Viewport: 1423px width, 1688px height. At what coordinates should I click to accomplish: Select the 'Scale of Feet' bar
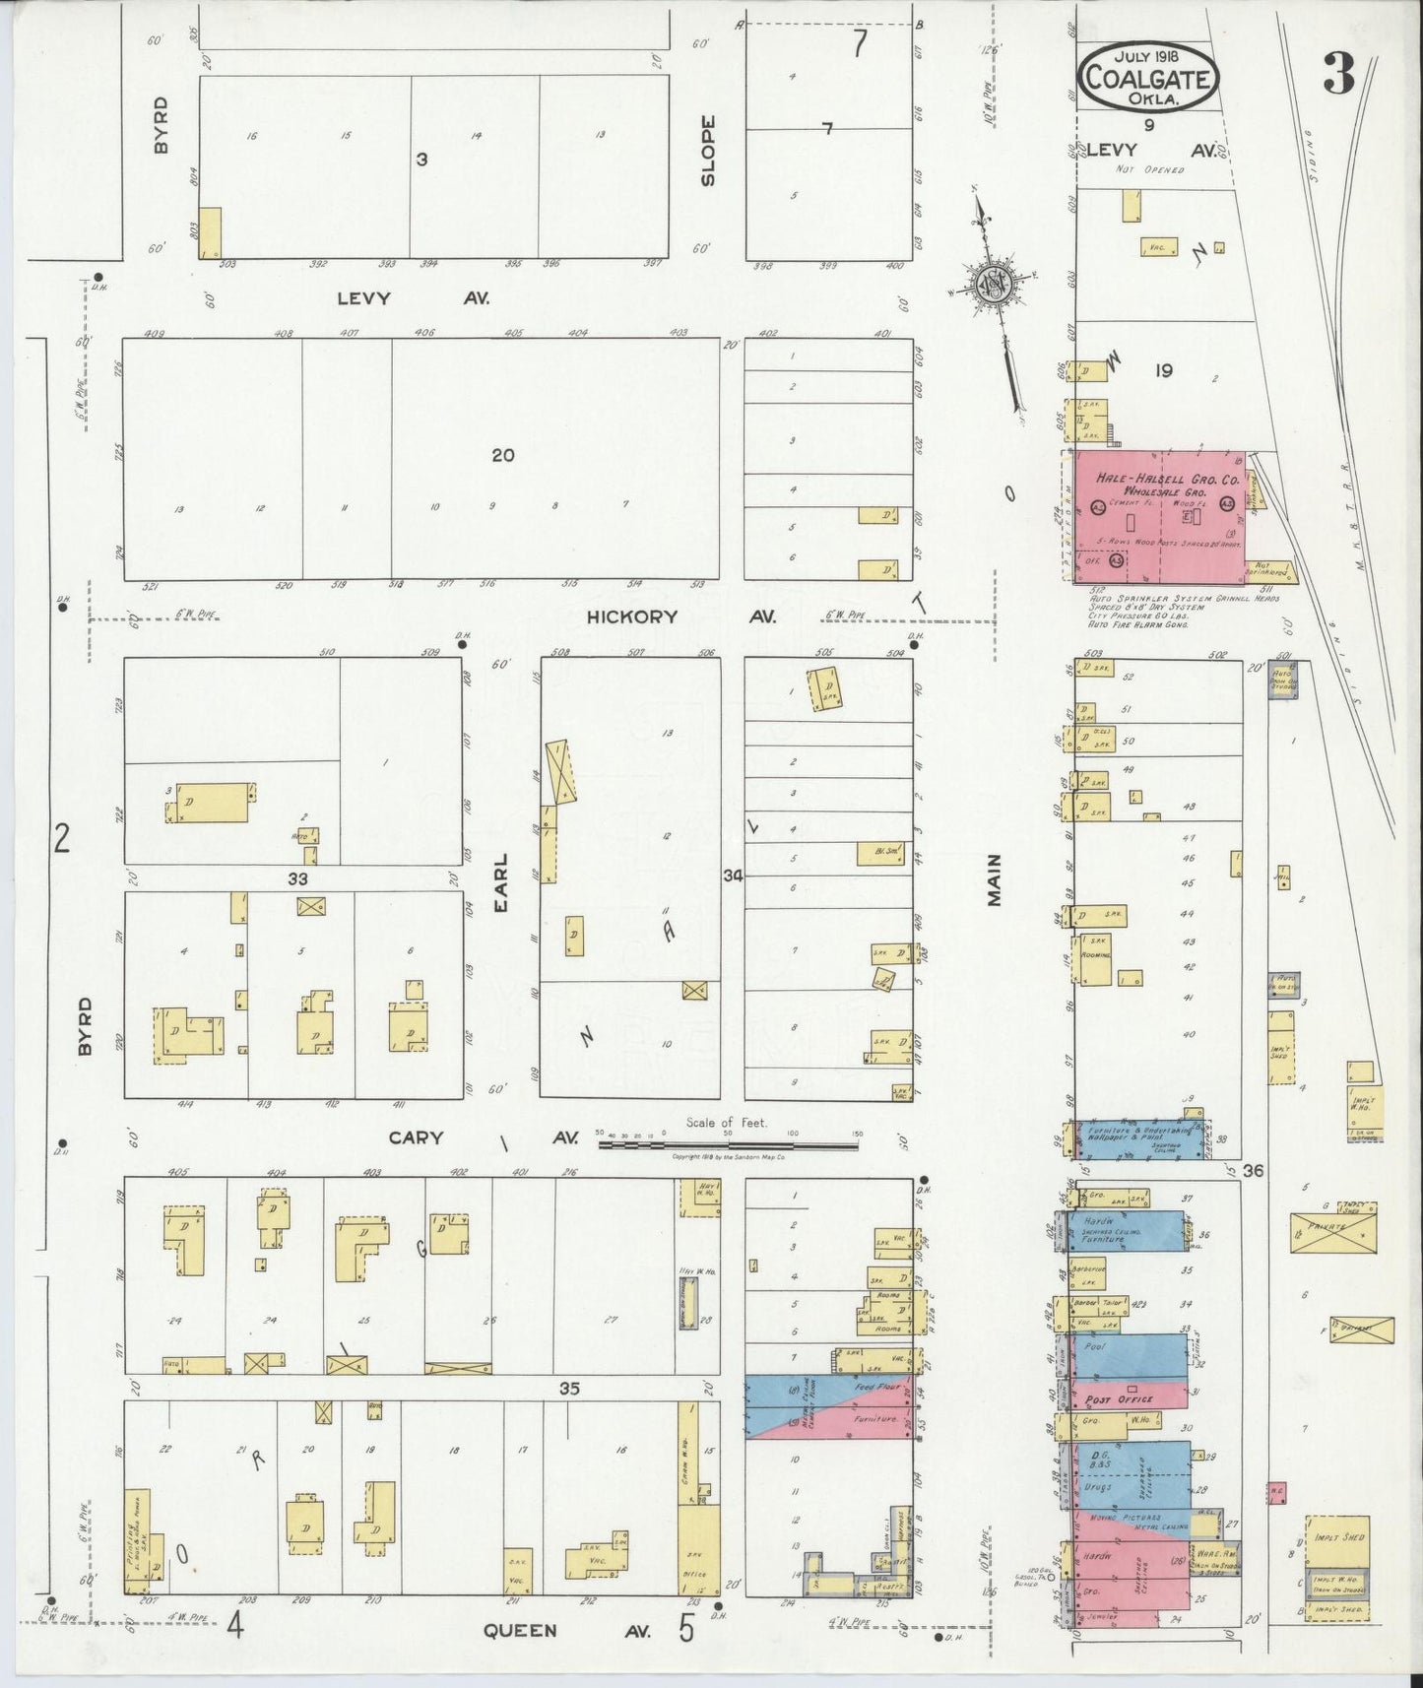click(x=729, y=1144)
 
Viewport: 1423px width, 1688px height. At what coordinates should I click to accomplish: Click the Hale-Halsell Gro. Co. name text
click(x=1166, y=480)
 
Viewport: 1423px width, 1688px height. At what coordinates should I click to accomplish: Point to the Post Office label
click(x=1119, y=1398)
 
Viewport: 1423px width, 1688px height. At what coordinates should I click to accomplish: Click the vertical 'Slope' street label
click(x=707, y=151)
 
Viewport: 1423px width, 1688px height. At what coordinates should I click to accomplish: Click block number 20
click(x=503, y=455)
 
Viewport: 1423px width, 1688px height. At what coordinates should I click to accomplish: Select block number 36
click(x=1253, y=1171)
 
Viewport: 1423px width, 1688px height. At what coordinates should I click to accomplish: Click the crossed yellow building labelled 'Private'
click(x=1333, y=1231)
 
